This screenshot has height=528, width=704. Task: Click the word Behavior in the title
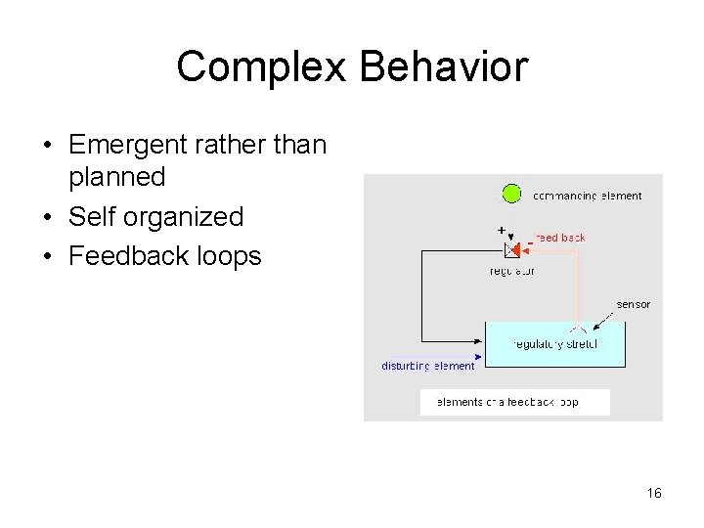(443, 67)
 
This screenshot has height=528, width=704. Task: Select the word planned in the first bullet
(116, 177)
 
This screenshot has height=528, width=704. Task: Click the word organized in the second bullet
(184, 217)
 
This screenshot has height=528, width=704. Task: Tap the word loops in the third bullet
(232, 256)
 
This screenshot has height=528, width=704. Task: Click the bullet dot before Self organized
(48, 217)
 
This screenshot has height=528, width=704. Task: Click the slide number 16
(654, 493)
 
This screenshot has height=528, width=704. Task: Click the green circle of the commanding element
(511, 194)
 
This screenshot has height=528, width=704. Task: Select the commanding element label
(587, 196)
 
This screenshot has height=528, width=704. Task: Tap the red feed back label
(560, 238)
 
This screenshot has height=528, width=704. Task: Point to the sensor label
(633, 304)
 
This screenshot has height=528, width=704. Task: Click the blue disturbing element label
(427, 367)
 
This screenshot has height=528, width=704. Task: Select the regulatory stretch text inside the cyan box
(555, 344)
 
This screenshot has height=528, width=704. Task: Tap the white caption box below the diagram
(514, 402)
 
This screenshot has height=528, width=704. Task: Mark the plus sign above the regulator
(502, 230)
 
